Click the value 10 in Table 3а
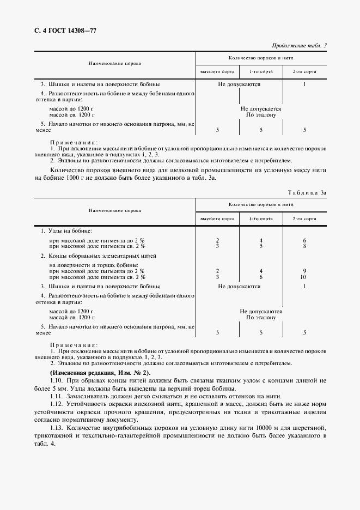pyautogui.click(x=304, y=277)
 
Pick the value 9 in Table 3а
pyautogui.click(x=304, y=270)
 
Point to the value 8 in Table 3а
pyautogui.click(x=304, y=246)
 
